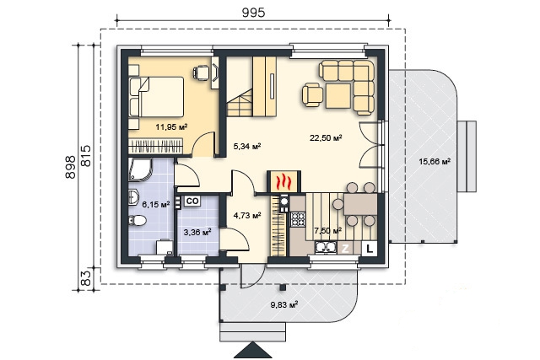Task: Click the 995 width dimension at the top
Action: tap(253, 13)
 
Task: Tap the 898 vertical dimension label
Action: tap(70, 167)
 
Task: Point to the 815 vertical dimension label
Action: tap(86, 156)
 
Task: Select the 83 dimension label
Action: tap(87, 278)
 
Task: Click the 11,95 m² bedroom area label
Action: tap(171, 126)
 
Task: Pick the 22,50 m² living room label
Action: tap(326, 138)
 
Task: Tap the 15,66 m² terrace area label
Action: tap(435, 161)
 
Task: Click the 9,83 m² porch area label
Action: tap(284, 304)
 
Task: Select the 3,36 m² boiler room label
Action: tap(197, 233)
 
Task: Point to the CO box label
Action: tap(192, 201)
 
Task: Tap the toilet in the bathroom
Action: tap(138, 220)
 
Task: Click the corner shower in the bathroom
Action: tap(139, 169)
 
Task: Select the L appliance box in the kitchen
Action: tap(370, 249)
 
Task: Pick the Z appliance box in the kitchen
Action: tap(345, 249)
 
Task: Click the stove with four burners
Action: tap(298, 219)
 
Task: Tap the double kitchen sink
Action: tap(326, 248)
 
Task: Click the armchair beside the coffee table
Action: tap(313, 95)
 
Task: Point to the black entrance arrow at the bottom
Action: tap(253, 350)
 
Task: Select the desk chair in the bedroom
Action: tap(201, 73)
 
